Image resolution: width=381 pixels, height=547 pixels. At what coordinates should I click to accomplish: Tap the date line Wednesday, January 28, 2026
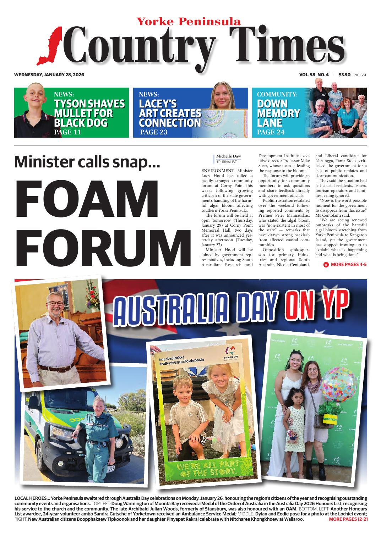49,75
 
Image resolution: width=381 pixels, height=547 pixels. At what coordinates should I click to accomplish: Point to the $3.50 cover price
345,75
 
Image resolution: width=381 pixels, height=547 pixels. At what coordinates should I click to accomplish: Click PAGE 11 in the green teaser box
67,132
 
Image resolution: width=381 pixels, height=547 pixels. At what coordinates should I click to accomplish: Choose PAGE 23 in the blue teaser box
153,132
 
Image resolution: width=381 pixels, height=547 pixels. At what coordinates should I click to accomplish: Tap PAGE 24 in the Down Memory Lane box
271,132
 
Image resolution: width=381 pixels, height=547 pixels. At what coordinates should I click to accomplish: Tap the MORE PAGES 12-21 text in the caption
348,519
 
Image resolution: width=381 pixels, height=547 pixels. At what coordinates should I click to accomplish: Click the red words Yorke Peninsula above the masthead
189,22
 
